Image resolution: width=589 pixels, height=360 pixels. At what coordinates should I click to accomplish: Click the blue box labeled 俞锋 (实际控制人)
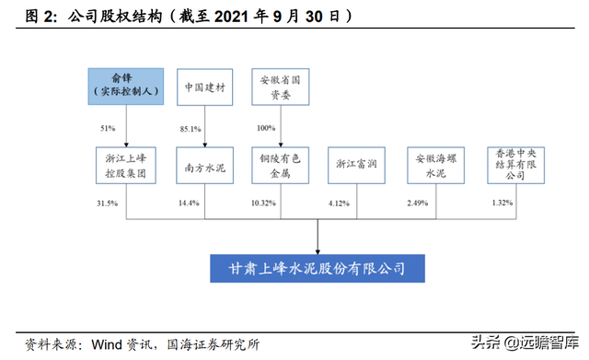coord(124,86)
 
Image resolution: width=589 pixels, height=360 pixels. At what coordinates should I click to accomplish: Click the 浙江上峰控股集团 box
coord(126,166)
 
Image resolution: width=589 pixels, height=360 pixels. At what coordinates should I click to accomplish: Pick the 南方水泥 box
coord(202,166)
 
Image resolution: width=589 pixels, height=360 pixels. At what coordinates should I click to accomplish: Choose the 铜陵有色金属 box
coord(280,166)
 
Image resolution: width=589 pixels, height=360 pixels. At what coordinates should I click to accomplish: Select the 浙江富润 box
coord(357,166)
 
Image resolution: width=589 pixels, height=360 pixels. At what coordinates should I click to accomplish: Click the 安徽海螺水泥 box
coord(434,166)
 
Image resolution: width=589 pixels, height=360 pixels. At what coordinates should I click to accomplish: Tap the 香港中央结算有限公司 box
coord(512,166)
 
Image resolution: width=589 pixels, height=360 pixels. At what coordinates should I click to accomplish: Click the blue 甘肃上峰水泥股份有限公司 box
coord(317,269)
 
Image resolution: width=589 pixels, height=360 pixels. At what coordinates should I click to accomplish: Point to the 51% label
coord(109,127)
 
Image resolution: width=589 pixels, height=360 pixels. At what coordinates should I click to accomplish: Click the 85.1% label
coord(188,127)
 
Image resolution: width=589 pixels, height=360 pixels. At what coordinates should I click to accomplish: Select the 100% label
coord(266,127)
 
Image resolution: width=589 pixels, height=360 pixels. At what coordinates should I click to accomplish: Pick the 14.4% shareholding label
coord(188,202)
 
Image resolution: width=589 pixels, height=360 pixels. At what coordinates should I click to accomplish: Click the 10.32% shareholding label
coord(264,202)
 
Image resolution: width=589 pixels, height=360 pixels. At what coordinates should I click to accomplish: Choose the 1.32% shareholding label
coord(497,202)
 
